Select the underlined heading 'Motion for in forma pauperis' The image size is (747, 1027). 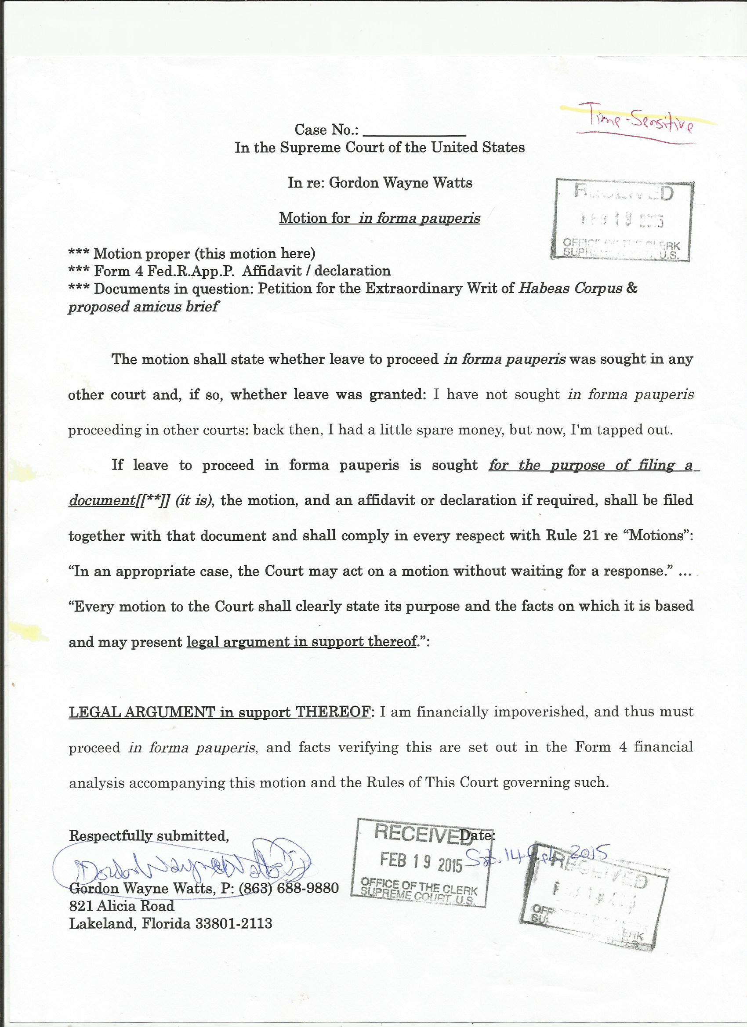(380, 218)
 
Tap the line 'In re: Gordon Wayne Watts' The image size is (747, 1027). (380, 183)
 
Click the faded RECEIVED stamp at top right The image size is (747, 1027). (624, 219)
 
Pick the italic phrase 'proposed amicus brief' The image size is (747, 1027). (143, 307)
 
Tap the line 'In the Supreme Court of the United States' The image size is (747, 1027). (380, 148)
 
